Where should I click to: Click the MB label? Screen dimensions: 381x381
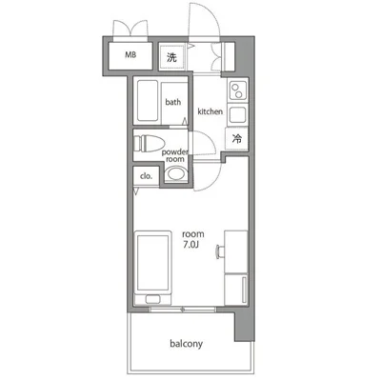coord(130,54)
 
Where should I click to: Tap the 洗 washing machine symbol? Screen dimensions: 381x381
coord(171,57)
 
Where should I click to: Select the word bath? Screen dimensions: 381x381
coord(173,102)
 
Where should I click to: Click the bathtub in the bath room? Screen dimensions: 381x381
coord(148,101)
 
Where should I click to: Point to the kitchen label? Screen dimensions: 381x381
coord(211,111)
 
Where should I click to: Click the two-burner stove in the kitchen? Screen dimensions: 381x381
coord(237,90)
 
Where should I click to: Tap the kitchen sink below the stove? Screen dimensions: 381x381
coord(237,114)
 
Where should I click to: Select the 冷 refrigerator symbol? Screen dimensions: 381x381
coord(237,139)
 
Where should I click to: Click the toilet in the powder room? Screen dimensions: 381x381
coord(149,144)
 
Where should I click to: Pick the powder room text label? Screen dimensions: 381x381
coord(175,155)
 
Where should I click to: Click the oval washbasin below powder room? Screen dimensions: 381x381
coord(176,173)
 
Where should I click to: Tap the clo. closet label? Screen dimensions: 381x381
coord(146,176)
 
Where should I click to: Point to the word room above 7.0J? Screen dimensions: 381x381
coord(193,234)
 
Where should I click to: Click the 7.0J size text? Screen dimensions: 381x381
coord(191,245)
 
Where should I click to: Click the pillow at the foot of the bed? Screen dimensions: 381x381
coord(153,299)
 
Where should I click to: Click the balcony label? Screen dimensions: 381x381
coord(186,344)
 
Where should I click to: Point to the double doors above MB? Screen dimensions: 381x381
coord(130,30)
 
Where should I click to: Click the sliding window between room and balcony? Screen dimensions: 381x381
coord(183,309)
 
